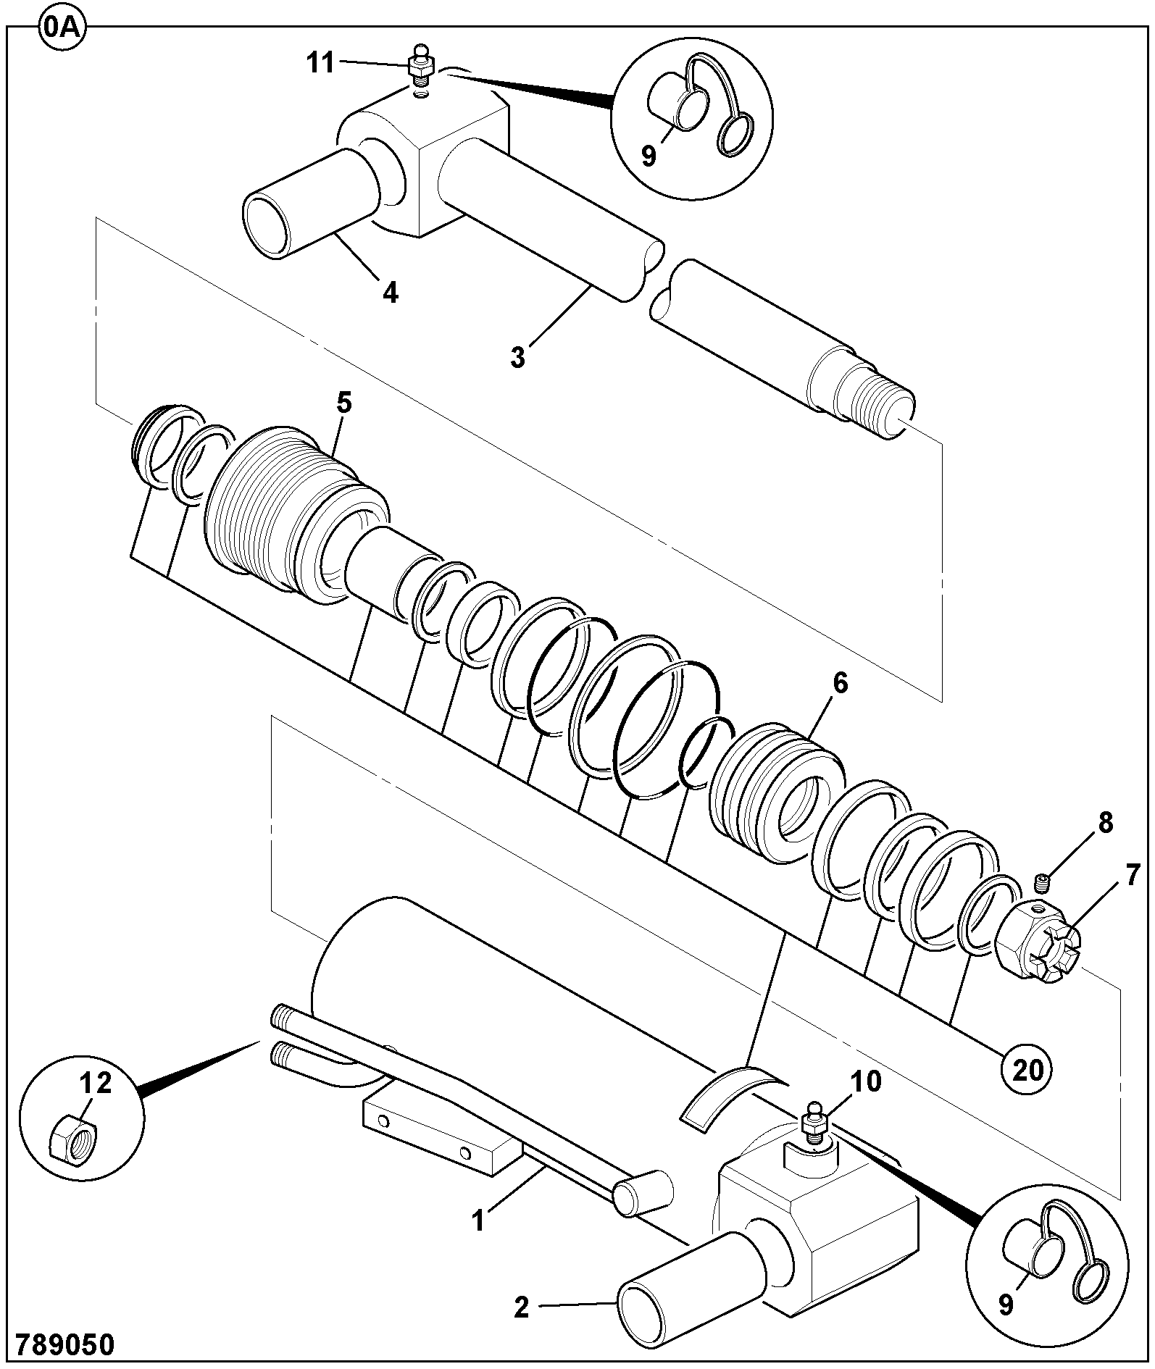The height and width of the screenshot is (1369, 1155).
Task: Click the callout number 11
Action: tap(320, 63)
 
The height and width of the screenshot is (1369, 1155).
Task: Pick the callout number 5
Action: tap(343, 402)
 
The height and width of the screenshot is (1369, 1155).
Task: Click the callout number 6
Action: tap(840, 682)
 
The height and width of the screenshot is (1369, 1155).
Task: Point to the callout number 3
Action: tap(517, 358)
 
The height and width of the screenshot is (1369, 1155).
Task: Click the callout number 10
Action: tap(866, 1081)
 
